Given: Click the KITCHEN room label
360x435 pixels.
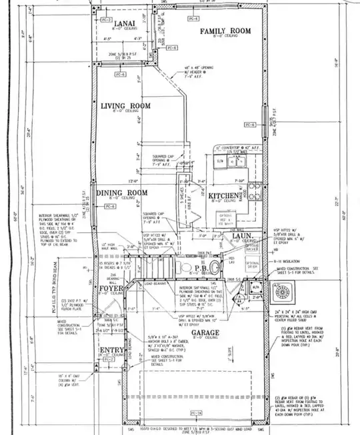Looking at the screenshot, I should point(222,195).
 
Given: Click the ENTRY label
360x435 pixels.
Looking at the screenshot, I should point(111,351).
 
